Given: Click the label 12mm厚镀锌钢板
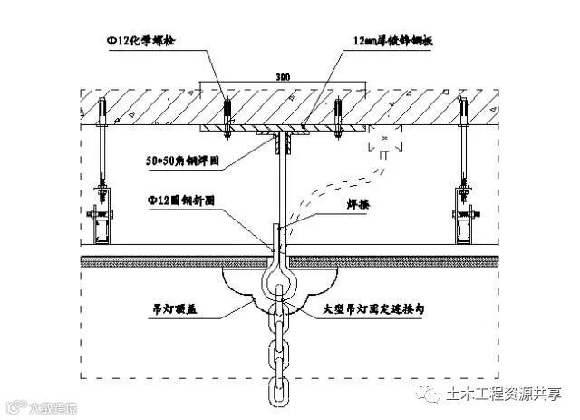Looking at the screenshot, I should click(x=400, y=42).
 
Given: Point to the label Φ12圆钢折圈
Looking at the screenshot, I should click(x=182, y=201).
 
